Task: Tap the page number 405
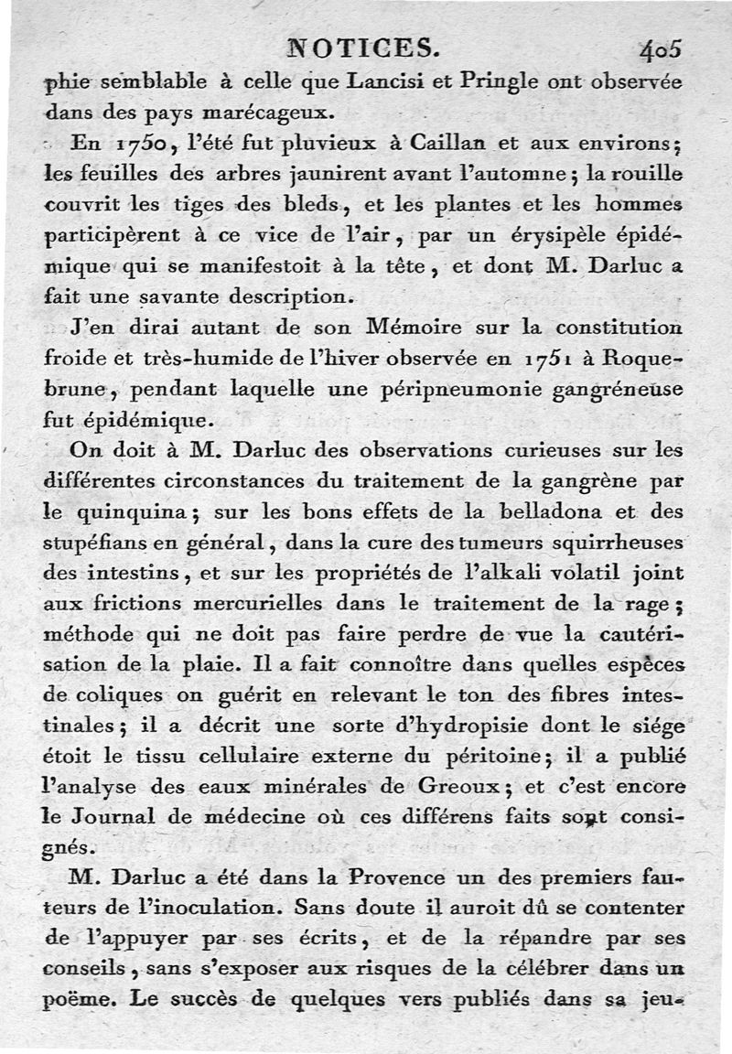[x=661, y=48]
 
